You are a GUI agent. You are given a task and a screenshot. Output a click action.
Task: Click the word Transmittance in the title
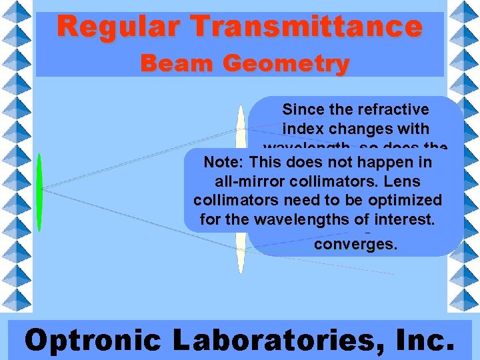point(305,27)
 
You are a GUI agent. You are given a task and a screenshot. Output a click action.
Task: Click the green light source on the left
point(40,192)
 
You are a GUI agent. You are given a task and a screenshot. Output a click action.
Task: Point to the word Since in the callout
point(300,109)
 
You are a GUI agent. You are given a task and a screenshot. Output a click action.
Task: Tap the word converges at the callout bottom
point(355,244)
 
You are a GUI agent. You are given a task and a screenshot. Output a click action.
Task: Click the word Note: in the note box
point(224,163)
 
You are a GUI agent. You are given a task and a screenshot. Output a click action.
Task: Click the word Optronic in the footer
point(93,340)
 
